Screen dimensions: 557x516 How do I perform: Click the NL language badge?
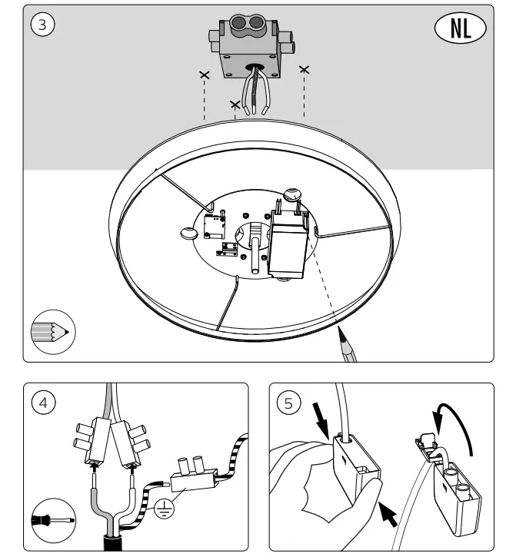[x=461, y=28]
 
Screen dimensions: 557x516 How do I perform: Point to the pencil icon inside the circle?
[x=51, y=331]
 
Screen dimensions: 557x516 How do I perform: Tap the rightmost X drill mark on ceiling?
[x=305, y=70]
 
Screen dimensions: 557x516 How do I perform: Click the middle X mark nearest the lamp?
[x=234, y=103]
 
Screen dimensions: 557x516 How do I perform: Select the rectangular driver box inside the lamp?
[x=288, y=244]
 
